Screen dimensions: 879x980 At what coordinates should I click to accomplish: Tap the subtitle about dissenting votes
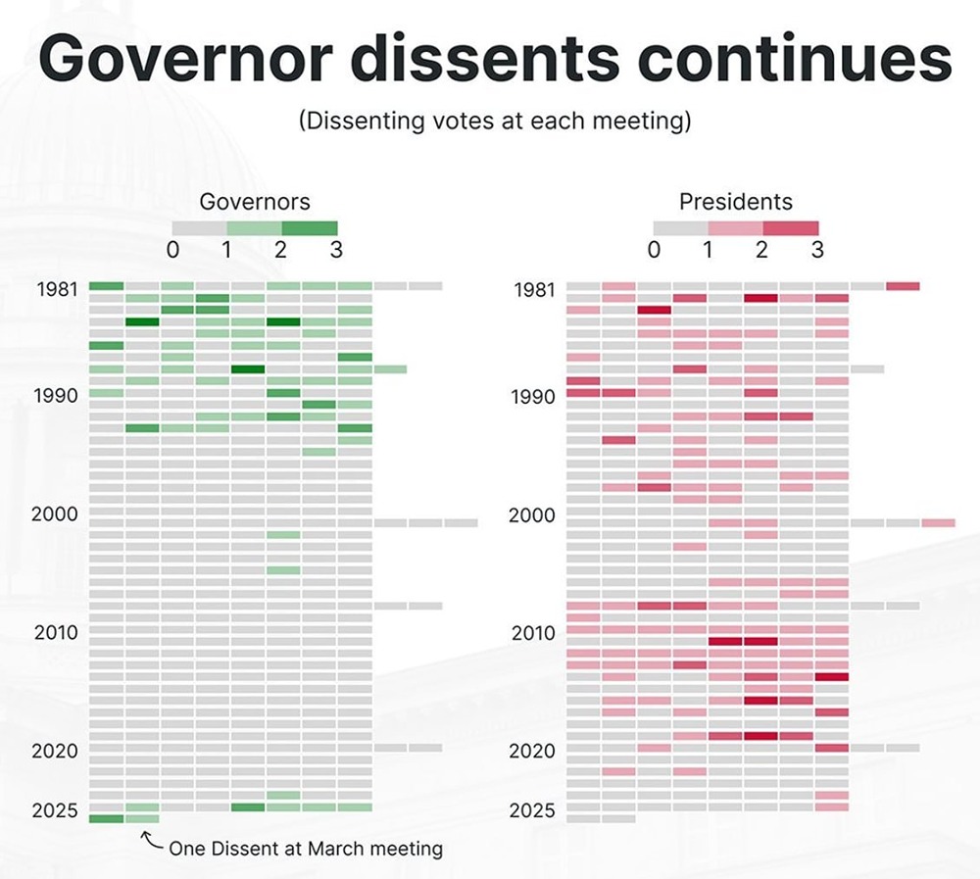pos(495,122)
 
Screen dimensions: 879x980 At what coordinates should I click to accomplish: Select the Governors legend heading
pos(255,202)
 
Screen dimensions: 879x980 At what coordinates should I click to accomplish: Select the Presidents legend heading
pos(736,202)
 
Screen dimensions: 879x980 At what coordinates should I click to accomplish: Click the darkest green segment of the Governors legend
pos(310,228)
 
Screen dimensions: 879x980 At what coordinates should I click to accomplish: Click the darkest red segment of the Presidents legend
pos(791,228)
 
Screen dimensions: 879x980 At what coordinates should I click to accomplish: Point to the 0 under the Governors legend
pos(172,249)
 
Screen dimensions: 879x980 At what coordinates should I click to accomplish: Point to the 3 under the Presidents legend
pos(817,249)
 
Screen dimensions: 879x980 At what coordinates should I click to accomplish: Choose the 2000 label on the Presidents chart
pos(532,514)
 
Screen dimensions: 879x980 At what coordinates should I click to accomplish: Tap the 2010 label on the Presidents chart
pos(532,633)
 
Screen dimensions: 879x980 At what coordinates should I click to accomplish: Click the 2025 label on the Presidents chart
pos(532,810)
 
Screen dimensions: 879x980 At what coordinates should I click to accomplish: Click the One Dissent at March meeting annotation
pos(305,848)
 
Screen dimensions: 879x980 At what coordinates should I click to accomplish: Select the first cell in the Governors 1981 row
pos(106,286)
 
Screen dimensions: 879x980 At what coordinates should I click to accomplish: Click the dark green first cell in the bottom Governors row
pos(106,818)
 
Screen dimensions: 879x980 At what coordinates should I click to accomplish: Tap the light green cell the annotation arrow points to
pos(142,818)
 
